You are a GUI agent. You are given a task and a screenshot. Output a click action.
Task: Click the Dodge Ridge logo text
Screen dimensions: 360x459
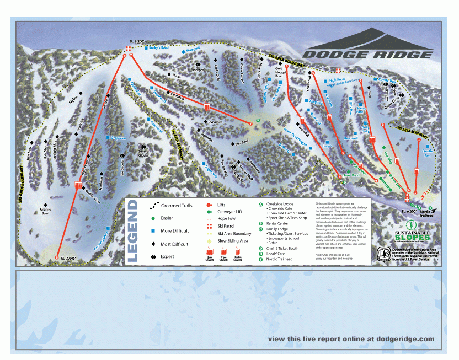(x=367, y=54)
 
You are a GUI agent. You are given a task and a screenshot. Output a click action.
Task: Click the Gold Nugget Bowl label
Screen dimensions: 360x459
(x=283, y=72)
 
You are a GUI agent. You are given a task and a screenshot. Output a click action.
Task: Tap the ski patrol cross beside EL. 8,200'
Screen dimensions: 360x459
(x=128, y=49)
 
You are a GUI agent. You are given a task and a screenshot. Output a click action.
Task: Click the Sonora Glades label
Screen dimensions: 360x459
(x=143, y=153)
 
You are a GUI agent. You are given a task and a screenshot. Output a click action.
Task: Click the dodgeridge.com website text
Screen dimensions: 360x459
(x=351, y=339)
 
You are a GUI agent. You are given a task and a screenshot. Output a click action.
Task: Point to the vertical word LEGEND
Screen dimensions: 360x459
(x=132, y=230)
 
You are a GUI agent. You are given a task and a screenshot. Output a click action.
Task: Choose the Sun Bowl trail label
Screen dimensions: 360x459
(x=242, y=142)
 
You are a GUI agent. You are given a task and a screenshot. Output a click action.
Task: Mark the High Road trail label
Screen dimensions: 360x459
(x=337, y=80)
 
